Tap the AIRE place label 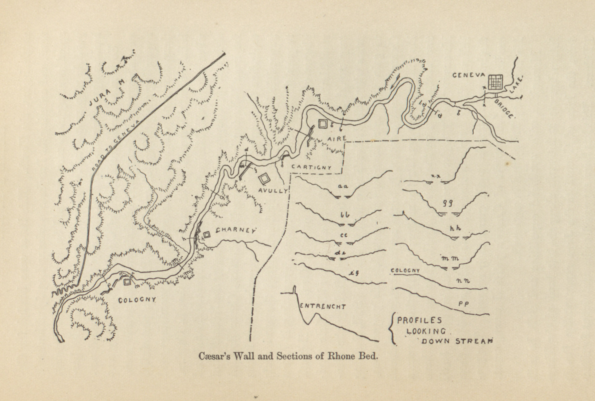pyautogui.click(x=336, y=139)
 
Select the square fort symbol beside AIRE pyautogui.click(x=323, y=124)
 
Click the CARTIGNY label pyautogui.click(x=311, y=167)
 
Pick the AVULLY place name pyautogui.click(x=273, y=191)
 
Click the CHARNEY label pyautogui.click(x=236, y=231)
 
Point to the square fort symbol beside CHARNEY pyautogui.click(x=207, y=235)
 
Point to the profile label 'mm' pyautogui.click(x=450, y=259)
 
